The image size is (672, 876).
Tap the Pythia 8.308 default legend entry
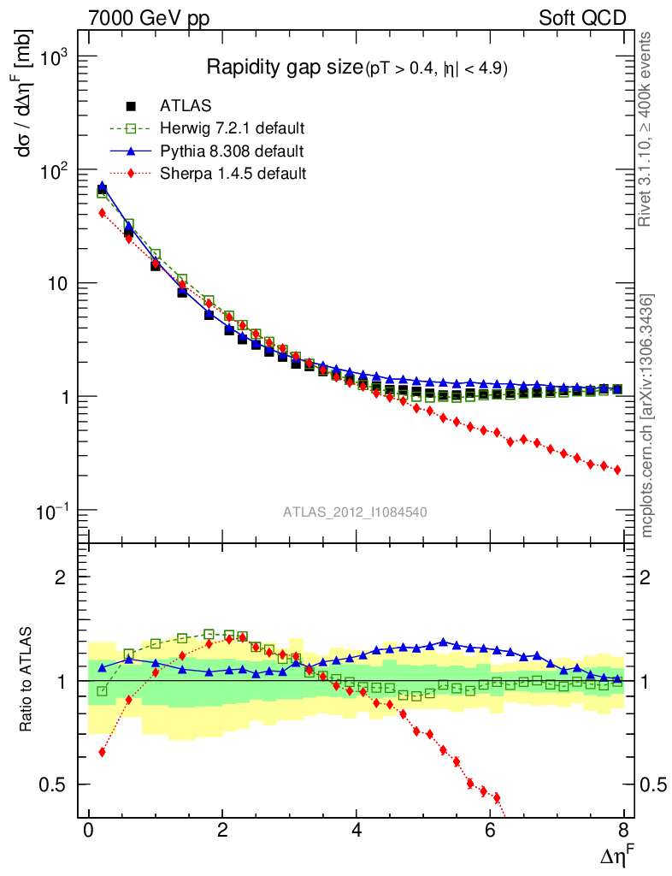232,151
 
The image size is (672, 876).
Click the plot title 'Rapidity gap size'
285,68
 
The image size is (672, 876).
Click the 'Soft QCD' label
583,18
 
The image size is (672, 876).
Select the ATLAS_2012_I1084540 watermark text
356,512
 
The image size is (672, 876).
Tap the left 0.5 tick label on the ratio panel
57,784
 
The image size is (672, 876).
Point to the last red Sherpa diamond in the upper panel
617,470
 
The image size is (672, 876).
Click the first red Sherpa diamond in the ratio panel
102,752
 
